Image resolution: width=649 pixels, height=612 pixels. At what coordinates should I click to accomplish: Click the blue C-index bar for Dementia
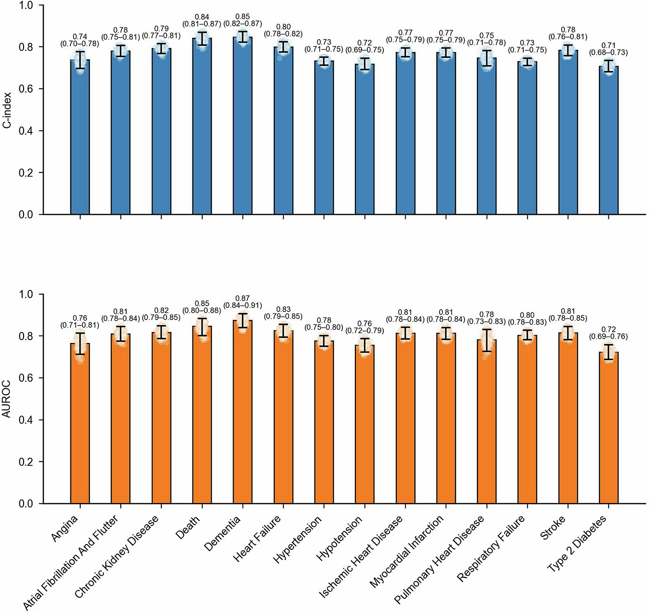coord(242,134)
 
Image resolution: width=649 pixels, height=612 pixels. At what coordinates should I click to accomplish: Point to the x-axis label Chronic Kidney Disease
coord(117,556)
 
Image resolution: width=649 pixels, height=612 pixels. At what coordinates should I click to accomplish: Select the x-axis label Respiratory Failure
coord(491,548)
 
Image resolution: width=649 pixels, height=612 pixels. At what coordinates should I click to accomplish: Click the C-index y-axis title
coord(7,110)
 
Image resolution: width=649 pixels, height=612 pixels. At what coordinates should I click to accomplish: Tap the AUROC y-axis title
coord(7,399)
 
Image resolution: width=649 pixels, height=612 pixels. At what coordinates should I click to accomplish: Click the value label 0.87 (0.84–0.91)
coord(243,302)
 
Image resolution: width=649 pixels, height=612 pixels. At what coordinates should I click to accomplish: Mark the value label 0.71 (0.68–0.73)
coord(608,49)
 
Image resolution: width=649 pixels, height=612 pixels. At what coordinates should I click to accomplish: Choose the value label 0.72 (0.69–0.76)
coord(608,333)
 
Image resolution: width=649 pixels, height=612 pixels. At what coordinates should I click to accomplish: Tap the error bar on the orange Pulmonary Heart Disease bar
coord(487,340)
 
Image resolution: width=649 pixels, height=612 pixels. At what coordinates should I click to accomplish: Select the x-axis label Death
coord(188,528)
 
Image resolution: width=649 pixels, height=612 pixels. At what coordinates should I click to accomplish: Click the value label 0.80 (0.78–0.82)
coord(283,30)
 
